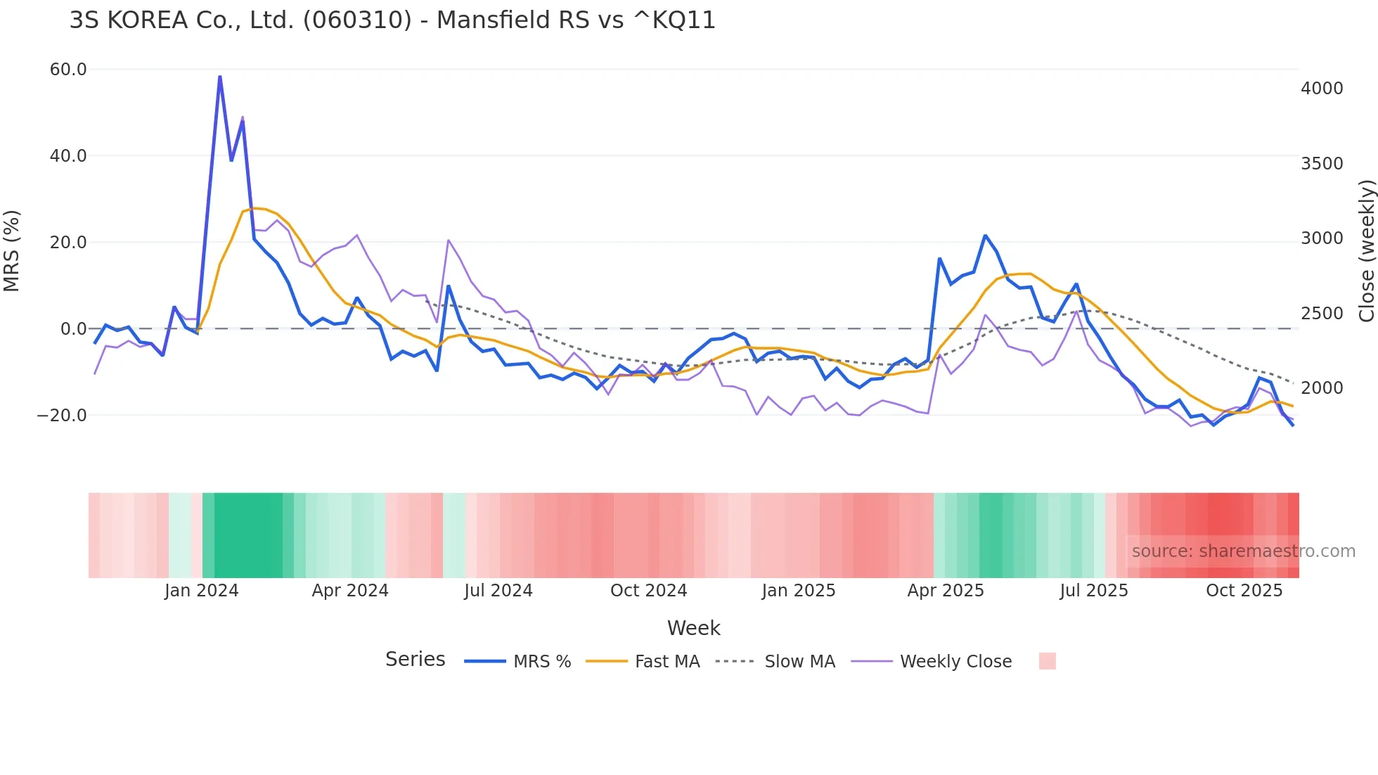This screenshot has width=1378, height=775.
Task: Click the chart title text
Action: (x=392, y=20)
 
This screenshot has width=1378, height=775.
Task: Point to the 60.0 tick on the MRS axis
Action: (x=68, y=70)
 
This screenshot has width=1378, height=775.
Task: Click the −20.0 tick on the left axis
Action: (x=62, y=416)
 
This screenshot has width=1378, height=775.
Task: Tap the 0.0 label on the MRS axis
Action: (x=74, y=329)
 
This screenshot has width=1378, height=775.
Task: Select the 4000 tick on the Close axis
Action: (x=1322, y=89)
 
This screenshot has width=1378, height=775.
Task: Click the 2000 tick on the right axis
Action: (x=1322, y=388)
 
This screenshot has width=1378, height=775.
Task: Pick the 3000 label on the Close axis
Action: (x=1322, y=238)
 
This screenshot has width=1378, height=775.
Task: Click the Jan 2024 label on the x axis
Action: (x=202, y=591)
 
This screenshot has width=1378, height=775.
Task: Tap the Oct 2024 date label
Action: (x=648, y=591)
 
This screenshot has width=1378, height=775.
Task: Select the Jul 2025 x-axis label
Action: (x=1094, y=591)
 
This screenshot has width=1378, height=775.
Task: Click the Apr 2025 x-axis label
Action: (x=946, y=591)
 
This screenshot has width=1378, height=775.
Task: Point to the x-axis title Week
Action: (x=693, y=628)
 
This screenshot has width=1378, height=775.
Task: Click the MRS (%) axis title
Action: (x=12, y=250)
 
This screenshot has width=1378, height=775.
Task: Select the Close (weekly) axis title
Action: (x=1366, y=250)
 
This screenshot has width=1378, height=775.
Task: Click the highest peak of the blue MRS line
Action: (x=220, y=76)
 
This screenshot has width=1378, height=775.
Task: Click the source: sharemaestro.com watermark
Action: (x=1243, y=551)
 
